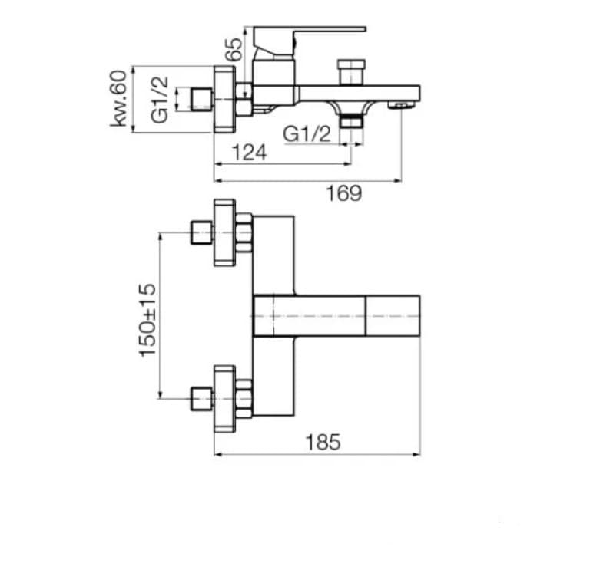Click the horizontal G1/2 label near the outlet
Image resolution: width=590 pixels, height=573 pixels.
pos(307,133)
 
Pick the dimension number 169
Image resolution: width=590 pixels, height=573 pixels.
pos(344,193)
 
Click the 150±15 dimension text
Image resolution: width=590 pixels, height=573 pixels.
pos(147,320)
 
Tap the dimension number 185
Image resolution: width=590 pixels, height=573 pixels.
pos(323,443)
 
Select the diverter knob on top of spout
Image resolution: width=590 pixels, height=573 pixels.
pos(350,71)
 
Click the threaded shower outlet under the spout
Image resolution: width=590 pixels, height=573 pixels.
pos(351,120)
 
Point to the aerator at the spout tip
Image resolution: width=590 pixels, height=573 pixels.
pos(399,104)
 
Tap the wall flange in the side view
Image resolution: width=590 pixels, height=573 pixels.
pos(223,100)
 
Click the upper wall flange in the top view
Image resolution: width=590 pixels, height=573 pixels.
pos(224,232)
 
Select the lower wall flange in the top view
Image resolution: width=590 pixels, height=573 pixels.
pos(224,398)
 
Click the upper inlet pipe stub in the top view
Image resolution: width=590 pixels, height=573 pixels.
pos(201,232)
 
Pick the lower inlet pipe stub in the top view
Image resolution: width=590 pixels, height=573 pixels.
pos(201,398)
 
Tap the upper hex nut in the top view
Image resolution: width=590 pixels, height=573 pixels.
pos(244,232)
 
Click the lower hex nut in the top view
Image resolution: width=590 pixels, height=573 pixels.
pos(244,398)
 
